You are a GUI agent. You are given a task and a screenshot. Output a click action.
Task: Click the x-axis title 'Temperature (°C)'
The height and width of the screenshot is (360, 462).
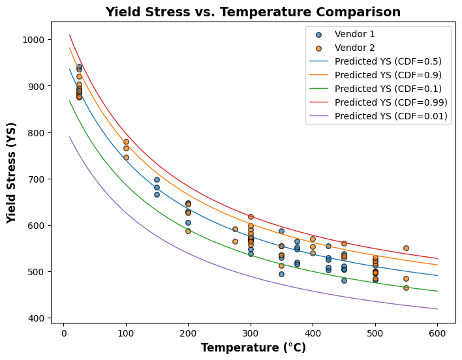[x=253, y=348]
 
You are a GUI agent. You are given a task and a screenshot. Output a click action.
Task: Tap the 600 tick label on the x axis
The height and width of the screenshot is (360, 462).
[x=437, y=332]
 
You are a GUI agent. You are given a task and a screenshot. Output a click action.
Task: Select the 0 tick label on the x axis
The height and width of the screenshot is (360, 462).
[x=63, y=332]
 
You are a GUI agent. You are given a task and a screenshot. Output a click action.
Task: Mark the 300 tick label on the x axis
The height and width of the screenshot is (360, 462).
[x=251, y=332]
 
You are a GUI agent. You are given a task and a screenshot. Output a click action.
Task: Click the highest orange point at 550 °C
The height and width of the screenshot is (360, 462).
[x=406, y=248]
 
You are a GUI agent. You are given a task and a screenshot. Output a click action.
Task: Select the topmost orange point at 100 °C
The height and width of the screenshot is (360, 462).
[x=126, y=142]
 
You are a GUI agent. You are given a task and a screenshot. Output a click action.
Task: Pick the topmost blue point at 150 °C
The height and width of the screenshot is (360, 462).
[x=157, y=179]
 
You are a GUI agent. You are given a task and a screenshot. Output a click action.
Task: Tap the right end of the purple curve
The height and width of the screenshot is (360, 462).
[x=437, y=309]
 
